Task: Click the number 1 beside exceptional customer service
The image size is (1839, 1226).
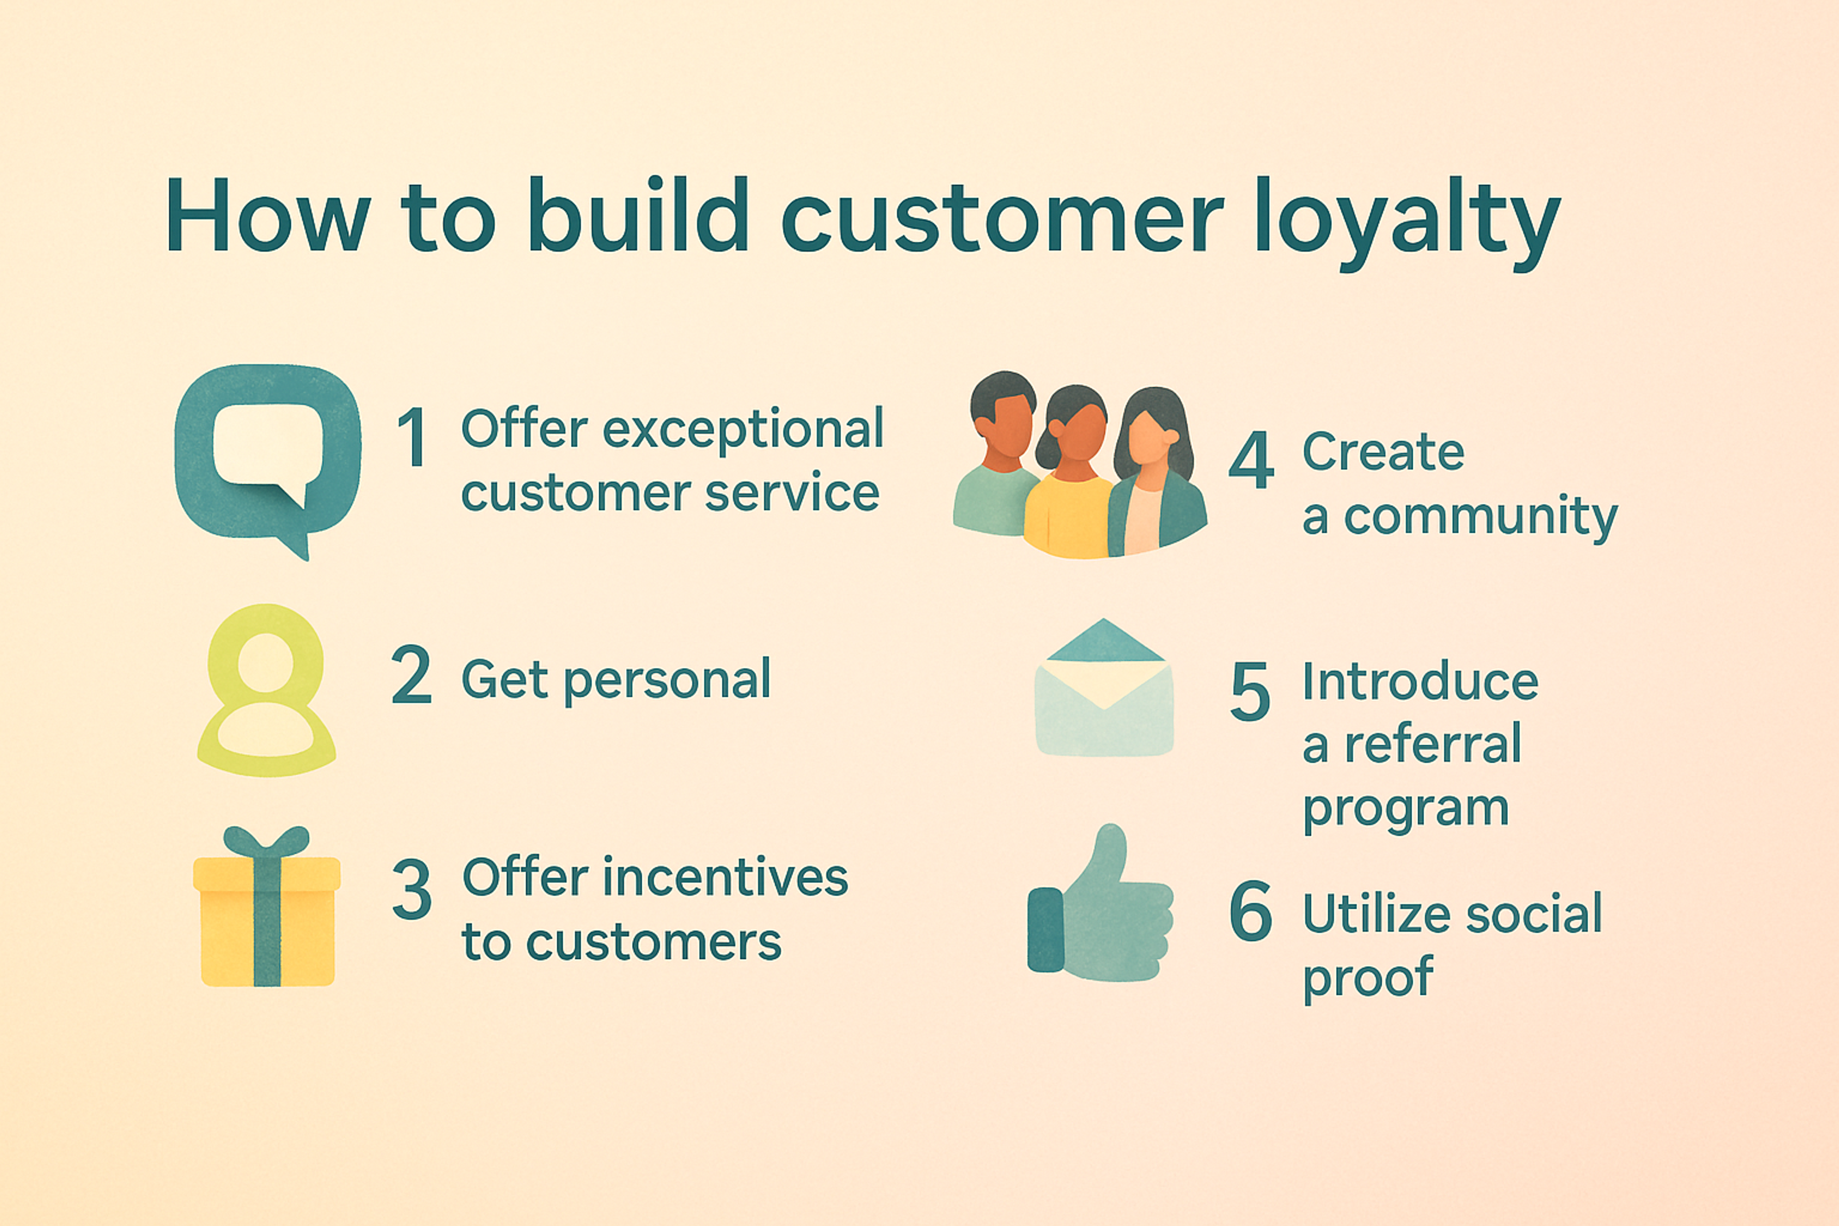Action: [412, 437]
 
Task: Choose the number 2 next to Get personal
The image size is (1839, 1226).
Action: [411, 675]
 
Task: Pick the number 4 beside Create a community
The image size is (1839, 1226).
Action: [1250, 461]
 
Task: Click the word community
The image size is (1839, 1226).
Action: [1480, 518]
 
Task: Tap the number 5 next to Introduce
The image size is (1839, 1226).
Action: [1249, 691]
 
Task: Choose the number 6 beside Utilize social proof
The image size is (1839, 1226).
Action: [1250, 911]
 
